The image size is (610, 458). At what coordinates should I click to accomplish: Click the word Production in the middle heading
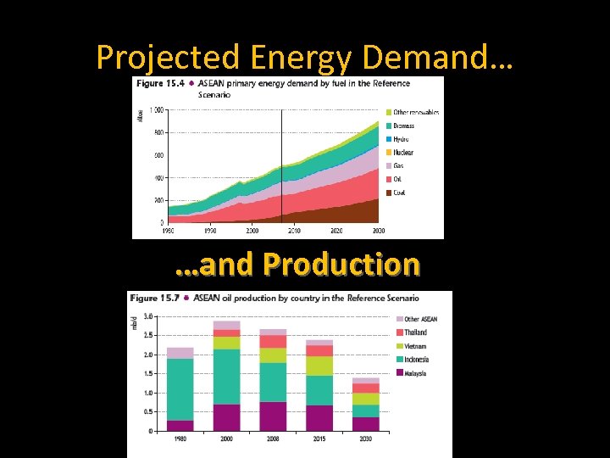tap(341, 265)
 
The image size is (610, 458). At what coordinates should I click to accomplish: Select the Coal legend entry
tap(399, 193)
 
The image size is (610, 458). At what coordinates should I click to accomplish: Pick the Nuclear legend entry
tap(402, 153)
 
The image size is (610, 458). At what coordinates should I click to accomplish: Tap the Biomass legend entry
tap(403, 126)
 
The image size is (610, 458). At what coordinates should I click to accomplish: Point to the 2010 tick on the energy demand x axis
tap(293, 230)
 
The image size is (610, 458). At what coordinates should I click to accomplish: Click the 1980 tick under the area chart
tap(169, 230)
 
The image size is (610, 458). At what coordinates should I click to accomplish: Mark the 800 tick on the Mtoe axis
tap(158, 132)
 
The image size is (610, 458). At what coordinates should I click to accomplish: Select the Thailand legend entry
tap(415, 332)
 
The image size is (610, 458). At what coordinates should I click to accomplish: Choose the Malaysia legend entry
tap(415, 373)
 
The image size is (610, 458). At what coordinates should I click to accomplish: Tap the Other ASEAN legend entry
tap(420, 319)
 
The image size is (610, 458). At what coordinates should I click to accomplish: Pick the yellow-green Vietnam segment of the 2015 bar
tap(319, 366)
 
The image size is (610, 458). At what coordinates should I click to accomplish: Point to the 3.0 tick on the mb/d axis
tap(147, 316)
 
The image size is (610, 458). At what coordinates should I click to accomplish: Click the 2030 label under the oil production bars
tap(366, 439)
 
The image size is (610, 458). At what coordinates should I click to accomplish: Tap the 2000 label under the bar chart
tap(227, 439)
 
